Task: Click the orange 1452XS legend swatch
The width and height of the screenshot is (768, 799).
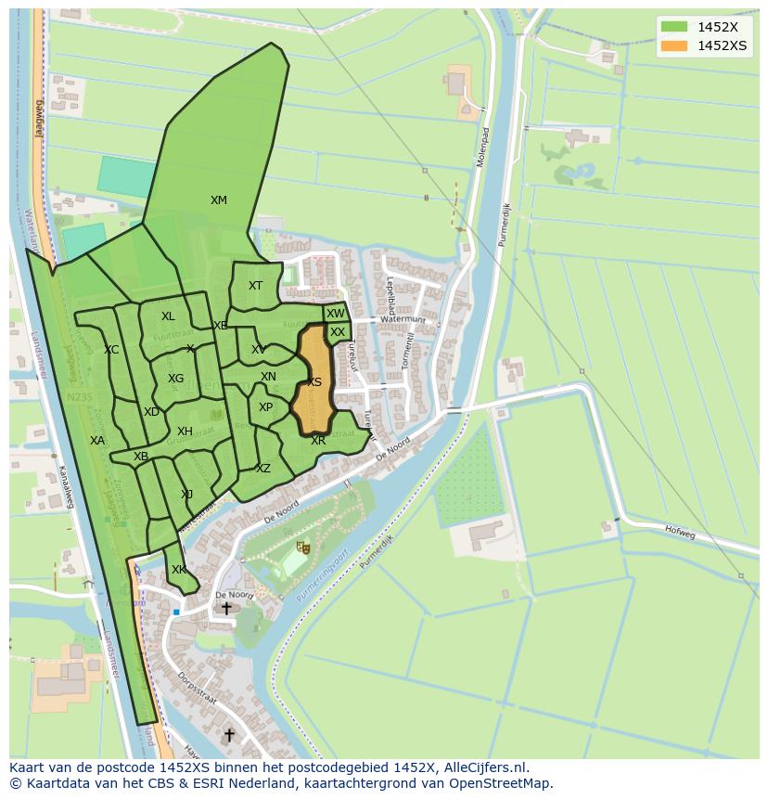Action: point(674,45)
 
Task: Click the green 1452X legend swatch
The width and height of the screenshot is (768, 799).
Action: point(674,27)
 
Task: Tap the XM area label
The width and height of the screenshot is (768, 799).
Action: point(218,200)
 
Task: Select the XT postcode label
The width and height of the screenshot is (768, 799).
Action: point(255,286)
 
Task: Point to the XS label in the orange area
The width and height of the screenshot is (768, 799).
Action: point(314,382)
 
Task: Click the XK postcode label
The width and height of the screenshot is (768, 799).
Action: point(178,570)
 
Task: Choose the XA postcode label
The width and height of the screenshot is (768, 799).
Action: point(97,441)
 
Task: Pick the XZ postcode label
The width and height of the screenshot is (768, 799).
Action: point(263,469)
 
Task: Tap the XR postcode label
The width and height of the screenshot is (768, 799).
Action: point(318,441)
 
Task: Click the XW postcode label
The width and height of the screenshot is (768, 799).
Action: point(335,314)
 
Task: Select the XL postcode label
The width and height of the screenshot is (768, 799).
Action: point(168,316)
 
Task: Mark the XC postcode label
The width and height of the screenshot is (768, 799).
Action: point(111,350)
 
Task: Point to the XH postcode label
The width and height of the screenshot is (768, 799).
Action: point(185,432)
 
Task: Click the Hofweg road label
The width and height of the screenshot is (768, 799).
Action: point(680,531)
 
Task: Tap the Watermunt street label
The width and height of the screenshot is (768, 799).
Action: point(403,320)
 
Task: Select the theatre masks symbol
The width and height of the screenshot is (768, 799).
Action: point(301,548)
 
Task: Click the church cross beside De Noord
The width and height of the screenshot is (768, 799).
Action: point(226,609)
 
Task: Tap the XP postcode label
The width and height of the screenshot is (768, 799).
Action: point(266,407)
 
